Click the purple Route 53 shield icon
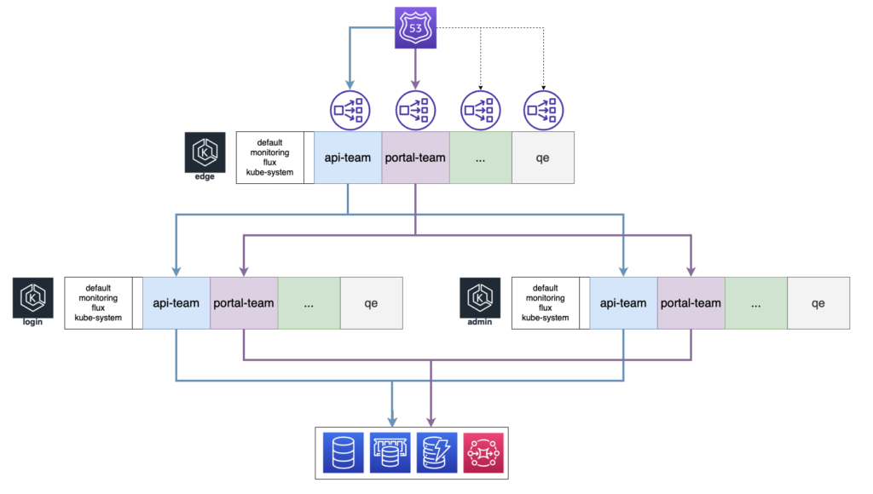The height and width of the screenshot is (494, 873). (414, 26)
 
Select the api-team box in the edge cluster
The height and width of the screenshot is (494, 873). (347, 158)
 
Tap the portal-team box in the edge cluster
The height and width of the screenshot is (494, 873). (415, 158)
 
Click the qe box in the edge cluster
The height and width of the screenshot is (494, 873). (542, 158)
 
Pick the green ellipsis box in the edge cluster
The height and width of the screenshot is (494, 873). (480, 158)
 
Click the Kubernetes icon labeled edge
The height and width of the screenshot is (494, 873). (205, 152)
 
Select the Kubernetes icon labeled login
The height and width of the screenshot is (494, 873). (32, 298)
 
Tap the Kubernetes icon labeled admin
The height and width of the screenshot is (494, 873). (480, 298)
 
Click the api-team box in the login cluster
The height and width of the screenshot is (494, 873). (176, 303)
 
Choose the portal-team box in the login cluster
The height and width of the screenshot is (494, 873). (244, 303)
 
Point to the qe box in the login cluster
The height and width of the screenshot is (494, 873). (371, 303)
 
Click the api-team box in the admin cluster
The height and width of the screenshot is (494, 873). (623, 303)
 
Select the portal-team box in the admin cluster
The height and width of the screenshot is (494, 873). (691, 303)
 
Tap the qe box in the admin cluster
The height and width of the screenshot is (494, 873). (818, 303)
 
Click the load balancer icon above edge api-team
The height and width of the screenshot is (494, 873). (348, 109)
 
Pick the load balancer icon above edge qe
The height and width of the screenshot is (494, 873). (543, 109)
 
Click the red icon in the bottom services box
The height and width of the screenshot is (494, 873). (483, 452)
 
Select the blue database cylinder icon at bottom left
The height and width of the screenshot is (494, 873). (344, 452)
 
